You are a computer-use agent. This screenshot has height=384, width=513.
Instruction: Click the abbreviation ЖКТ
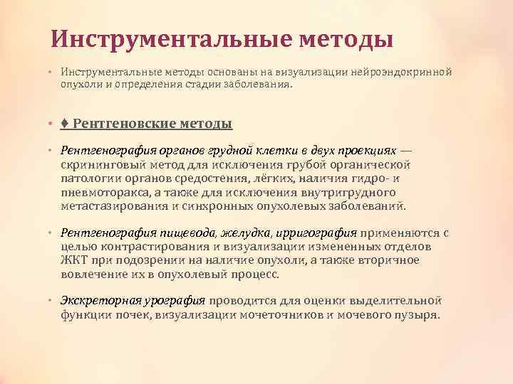tap(73, 260)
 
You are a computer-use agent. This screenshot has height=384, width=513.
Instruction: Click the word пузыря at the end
tap(419, 314)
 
